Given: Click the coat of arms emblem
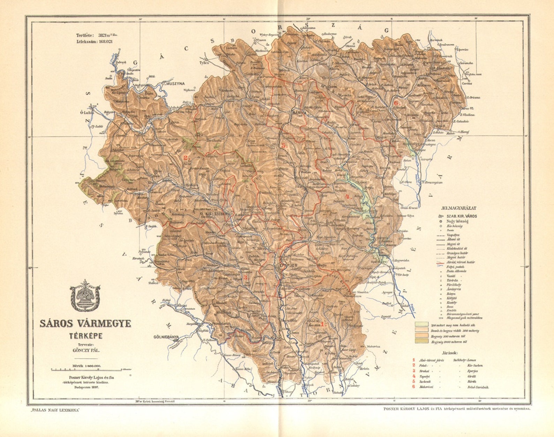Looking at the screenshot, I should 85,296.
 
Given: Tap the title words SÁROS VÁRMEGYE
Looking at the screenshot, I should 85,324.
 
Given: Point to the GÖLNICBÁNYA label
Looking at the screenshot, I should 166,337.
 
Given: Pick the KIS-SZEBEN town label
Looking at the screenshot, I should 217,213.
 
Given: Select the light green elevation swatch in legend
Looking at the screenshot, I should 421,324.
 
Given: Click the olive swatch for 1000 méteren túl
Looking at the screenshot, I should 421,342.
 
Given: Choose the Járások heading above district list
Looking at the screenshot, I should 447,353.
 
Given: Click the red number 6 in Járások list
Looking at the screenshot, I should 414,387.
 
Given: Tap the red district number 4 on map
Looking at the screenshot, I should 347,196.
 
